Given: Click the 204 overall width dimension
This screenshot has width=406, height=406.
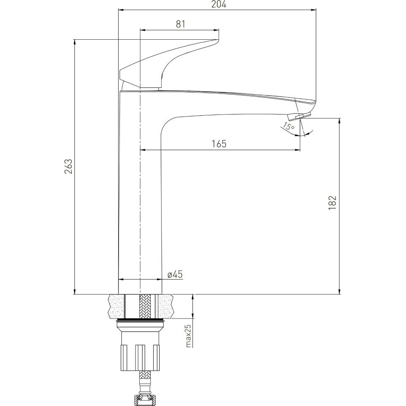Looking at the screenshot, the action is coord(219,4).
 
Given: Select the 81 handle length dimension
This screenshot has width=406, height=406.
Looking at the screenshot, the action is coord(181,24).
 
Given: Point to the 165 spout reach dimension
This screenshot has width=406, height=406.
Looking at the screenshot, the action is coord(219,144).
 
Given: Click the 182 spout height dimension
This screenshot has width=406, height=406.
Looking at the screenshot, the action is coord(332,203).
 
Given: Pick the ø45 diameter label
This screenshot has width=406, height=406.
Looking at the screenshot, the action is coord(175,274).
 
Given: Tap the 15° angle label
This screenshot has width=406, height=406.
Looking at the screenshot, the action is coord(288,127).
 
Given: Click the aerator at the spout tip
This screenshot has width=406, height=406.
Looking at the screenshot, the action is coord(300,117).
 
